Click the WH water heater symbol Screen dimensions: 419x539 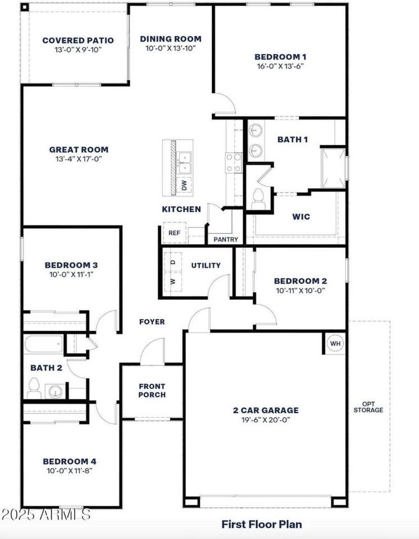[x=335, y=344]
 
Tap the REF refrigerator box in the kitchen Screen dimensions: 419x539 [x=175, y=232]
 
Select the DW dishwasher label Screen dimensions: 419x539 [x=184, y=185]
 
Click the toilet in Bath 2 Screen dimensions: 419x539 [x=34, y=389]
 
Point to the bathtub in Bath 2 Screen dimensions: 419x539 [x=44, y=344]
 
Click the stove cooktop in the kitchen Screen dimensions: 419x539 [x=234, y=163]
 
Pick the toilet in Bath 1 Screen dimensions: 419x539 [x=258, y=199]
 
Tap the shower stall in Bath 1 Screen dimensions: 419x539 [x=333, y=168]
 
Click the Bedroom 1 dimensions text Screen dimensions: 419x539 [x=280, y=66]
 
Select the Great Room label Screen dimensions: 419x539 [x=79, y=149]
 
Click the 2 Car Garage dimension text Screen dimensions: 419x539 [x=266, y=419]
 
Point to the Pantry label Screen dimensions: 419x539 [x=226, y=239]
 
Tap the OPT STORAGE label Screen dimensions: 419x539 [x=368, y=407]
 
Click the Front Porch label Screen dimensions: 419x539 [x=152, y=391]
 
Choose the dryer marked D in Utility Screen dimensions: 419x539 [x=173, y=262]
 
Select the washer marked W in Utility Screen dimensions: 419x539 [x=173, y=282]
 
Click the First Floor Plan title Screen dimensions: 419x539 [x=262, y=524]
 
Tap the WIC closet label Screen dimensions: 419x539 [x=301, y=217]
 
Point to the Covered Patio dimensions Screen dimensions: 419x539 [x=78, y=49]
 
